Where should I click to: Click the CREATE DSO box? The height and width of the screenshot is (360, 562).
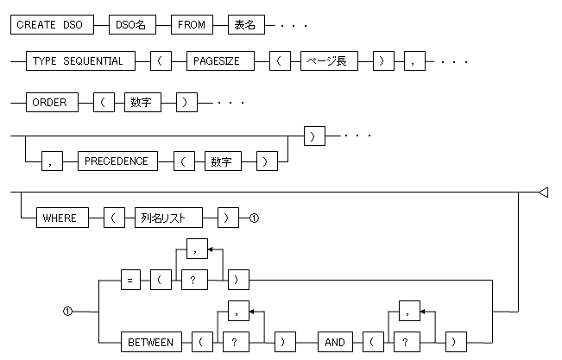[x=49, y=26]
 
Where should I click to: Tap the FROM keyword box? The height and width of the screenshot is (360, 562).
[x=192, y=26]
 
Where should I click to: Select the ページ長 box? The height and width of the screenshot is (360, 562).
[x=328, y=62]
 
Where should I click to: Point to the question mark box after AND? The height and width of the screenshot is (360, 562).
[x=405, y=342]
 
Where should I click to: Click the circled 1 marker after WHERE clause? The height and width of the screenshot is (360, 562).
[x=254, y=218]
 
